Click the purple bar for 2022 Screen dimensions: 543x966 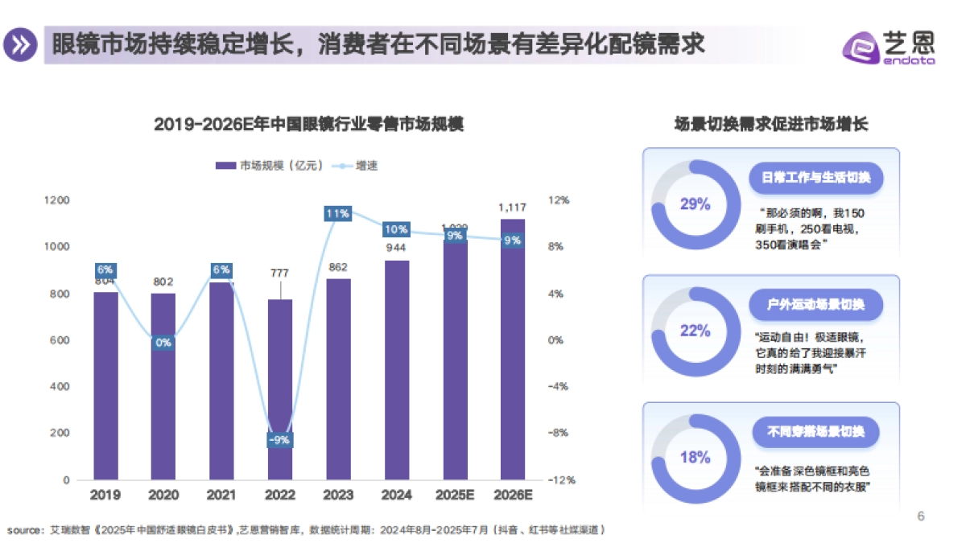click(280, 389)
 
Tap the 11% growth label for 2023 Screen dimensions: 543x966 click(337, 213)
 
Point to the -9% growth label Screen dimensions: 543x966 click(280, 440)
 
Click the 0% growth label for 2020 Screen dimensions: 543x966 click(163, 343)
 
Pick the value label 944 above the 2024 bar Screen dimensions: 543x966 click(395, 248)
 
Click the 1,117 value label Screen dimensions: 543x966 click(512, 208)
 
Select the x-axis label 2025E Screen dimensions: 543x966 click(454, 495)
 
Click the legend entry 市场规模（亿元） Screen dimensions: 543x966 click(270, 166)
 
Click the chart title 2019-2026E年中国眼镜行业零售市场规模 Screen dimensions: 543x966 click(308, 125)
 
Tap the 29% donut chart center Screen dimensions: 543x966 click(695, 204)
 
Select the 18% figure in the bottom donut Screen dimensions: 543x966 click(695, 458)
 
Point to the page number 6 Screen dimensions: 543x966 click(922, 516)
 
